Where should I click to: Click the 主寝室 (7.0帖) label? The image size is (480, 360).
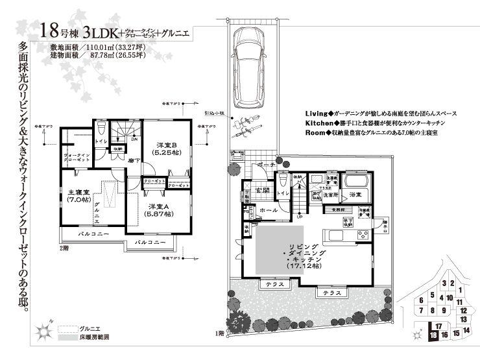[x=78, y=195]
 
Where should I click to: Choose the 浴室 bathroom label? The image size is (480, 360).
[x=355, y=194]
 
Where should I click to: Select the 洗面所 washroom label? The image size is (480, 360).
[x=331, y=194]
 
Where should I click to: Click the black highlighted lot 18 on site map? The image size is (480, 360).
[x=433, y=335]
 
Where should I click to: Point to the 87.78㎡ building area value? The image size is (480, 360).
[x=98, y=56]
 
